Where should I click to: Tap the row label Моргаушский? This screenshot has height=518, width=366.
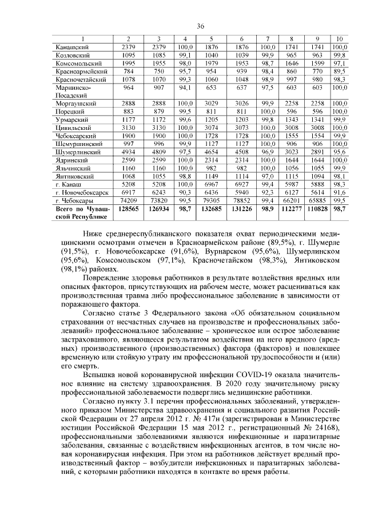[x=73, y=103]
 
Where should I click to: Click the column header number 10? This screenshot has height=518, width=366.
[x=340, y=38]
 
